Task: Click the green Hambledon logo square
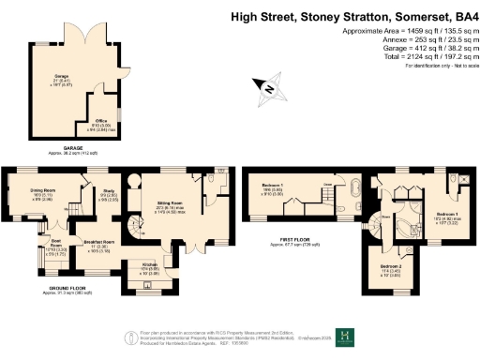click(346, 336)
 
